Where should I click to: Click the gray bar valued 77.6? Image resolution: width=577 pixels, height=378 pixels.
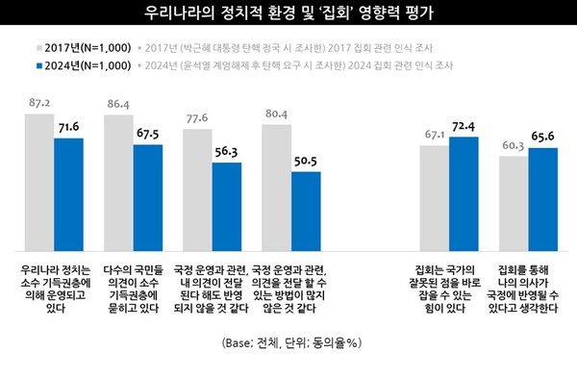198,189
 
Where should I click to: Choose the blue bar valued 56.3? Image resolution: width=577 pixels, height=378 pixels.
227,206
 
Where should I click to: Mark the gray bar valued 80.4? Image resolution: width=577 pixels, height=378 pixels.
276,186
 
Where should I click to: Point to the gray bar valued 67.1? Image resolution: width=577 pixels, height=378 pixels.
435,196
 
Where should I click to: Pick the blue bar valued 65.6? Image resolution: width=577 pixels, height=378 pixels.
541,198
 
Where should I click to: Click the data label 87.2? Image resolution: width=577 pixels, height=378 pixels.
39,101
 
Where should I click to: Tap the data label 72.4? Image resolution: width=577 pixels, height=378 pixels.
464,127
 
